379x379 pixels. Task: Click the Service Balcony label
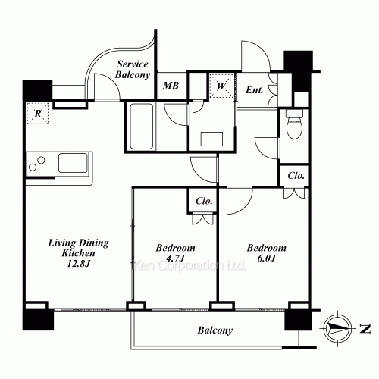coord(133,70)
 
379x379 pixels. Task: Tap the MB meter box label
coord(171,86)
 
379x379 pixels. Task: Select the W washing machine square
coord(221,86)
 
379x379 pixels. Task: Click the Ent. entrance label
coord(254,89)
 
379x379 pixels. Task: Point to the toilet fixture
coord(294,124)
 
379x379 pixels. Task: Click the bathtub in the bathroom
coord(142,127)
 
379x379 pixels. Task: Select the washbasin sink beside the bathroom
coord(211,139)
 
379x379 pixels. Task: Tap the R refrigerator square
coord(38,114)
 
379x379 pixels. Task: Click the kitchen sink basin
coord(73,163)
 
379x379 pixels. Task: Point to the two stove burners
coord(37,164)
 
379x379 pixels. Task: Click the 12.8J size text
coord(78,264)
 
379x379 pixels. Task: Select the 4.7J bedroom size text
coord(175,258)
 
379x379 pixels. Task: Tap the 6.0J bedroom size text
coord(267,258)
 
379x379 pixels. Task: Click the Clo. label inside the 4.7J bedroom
coord(204,201)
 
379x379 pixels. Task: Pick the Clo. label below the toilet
coord(296,175)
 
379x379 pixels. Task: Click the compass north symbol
coord(338,328)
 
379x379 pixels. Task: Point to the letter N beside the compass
coord(365,329)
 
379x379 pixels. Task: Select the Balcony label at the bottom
coord(215,330)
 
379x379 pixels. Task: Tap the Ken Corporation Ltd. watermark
coord(189,265)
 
